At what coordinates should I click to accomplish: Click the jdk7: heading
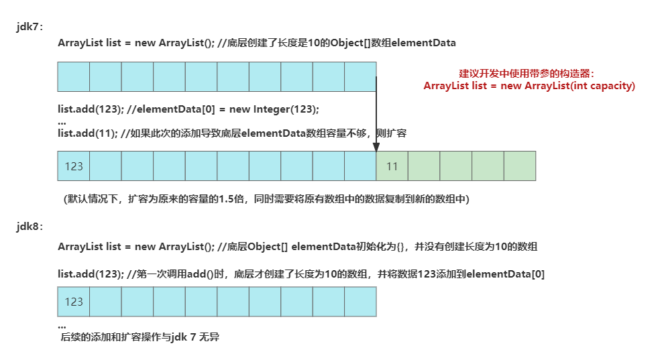tap(30, 27)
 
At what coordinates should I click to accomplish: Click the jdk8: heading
tap(30, 227)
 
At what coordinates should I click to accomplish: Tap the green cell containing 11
tap(392, 166)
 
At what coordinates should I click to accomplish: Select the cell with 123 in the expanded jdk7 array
tap(74, 166)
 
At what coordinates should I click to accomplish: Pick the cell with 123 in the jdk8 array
tap(74, 302)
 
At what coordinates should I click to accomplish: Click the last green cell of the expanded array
tap(520, 166)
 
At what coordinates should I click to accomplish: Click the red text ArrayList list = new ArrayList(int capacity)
tap(529, 86)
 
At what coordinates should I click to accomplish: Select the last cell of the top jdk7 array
tap(360, 76)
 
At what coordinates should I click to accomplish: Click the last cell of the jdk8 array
tap(360, 302)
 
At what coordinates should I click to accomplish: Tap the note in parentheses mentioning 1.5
tap(266, 199)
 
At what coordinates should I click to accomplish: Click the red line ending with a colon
tap(526, 73)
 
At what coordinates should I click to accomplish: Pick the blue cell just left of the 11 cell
tap(360, 166)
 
